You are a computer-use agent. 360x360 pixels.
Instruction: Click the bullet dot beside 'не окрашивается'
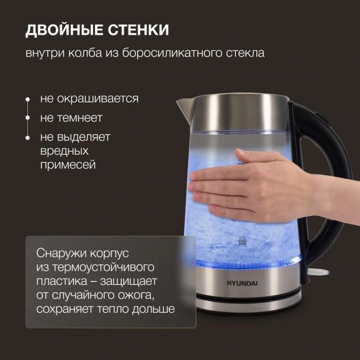[27, 99]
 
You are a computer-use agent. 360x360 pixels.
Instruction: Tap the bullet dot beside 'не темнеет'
[27, 118]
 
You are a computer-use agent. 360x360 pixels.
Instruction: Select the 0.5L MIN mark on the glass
[243, 240]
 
